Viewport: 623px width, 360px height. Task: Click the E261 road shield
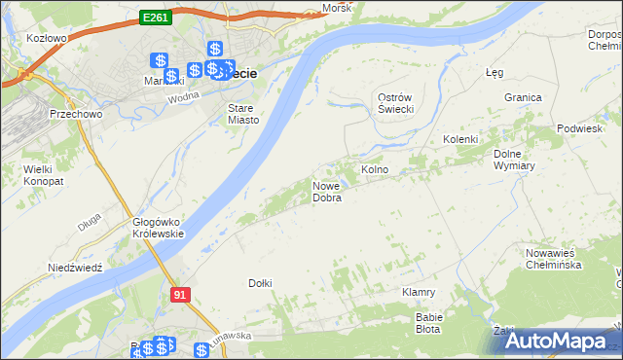coord(156,17)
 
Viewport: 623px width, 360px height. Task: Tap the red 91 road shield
coord(179,293)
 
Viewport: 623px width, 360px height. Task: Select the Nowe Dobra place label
coord(327,192)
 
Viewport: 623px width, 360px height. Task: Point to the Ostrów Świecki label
coord(396,102)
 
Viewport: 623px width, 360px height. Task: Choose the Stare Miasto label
coord(242,114)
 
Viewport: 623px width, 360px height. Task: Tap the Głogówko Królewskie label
coord(158,228)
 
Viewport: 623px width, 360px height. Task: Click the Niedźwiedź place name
coord(75,267)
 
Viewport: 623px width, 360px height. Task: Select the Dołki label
coord(260,283)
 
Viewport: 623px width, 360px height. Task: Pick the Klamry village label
coord(418,292)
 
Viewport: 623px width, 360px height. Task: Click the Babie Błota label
coord(429,323)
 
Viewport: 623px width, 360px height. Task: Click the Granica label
coord(523,97)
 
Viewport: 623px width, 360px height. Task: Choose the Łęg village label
coord(494,72)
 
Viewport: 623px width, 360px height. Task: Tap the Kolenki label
coord(460,139)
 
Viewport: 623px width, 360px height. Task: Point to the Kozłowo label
coord(47,39)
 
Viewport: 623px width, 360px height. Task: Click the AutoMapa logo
coord(556,341)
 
